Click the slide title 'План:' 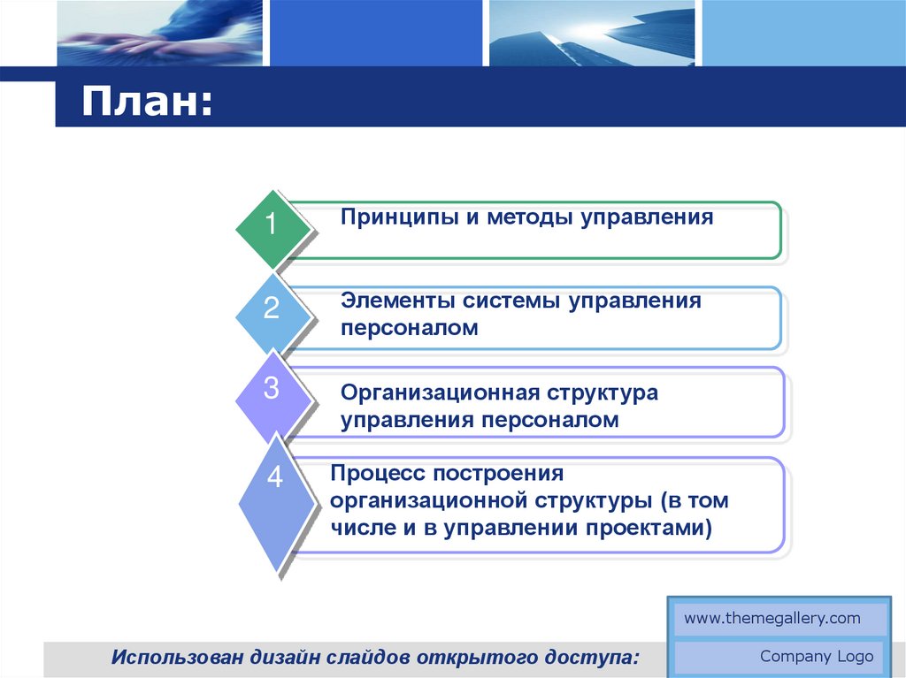148,102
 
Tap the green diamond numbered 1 273,229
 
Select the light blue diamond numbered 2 273,315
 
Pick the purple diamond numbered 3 273,397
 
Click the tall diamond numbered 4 276,502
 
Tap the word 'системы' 511,301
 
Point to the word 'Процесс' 377,474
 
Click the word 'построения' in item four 498,475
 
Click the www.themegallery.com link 772,619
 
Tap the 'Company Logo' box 779,657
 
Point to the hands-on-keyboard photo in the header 159,33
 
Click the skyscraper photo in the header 592,33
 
